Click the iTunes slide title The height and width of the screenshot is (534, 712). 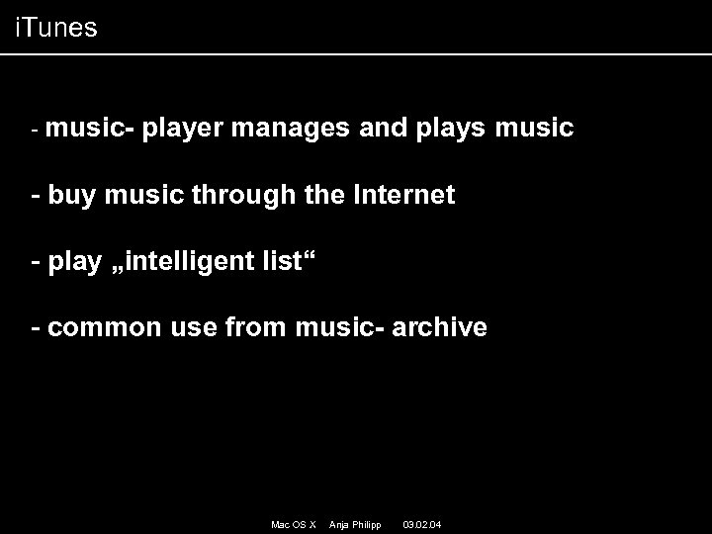coord(56,28)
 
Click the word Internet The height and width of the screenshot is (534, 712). coord(404,195)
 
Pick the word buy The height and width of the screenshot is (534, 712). coord(68,195)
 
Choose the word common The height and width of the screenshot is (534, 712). coord(103,327)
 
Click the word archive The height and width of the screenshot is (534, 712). coord(440,327)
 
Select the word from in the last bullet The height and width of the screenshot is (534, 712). coord(256,327)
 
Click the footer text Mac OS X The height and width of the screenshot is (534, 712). coord(293,522)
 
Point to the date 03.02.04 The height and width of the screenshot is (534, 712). coord(422,522)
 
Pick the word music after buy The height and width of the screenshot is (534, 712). coord(133,195)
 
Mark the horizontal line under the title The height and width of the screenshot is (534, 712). coord(356,53)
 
